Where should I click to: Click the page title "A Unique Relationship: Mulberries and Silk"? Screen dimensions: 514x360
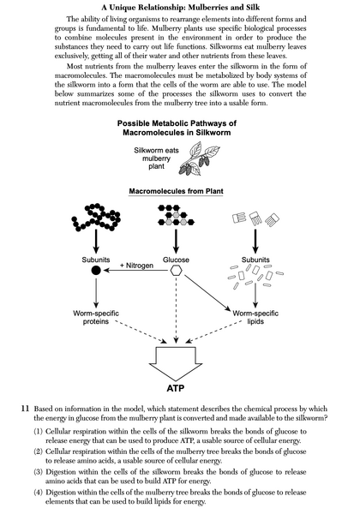[180, 7]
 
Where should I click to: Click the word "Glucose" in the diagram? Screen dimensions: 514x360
[176, 256]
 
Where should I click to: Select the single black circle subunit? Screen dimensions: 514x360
[96, 271]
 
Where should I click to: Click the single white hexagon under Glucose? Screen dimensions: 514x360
[176, 271]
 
